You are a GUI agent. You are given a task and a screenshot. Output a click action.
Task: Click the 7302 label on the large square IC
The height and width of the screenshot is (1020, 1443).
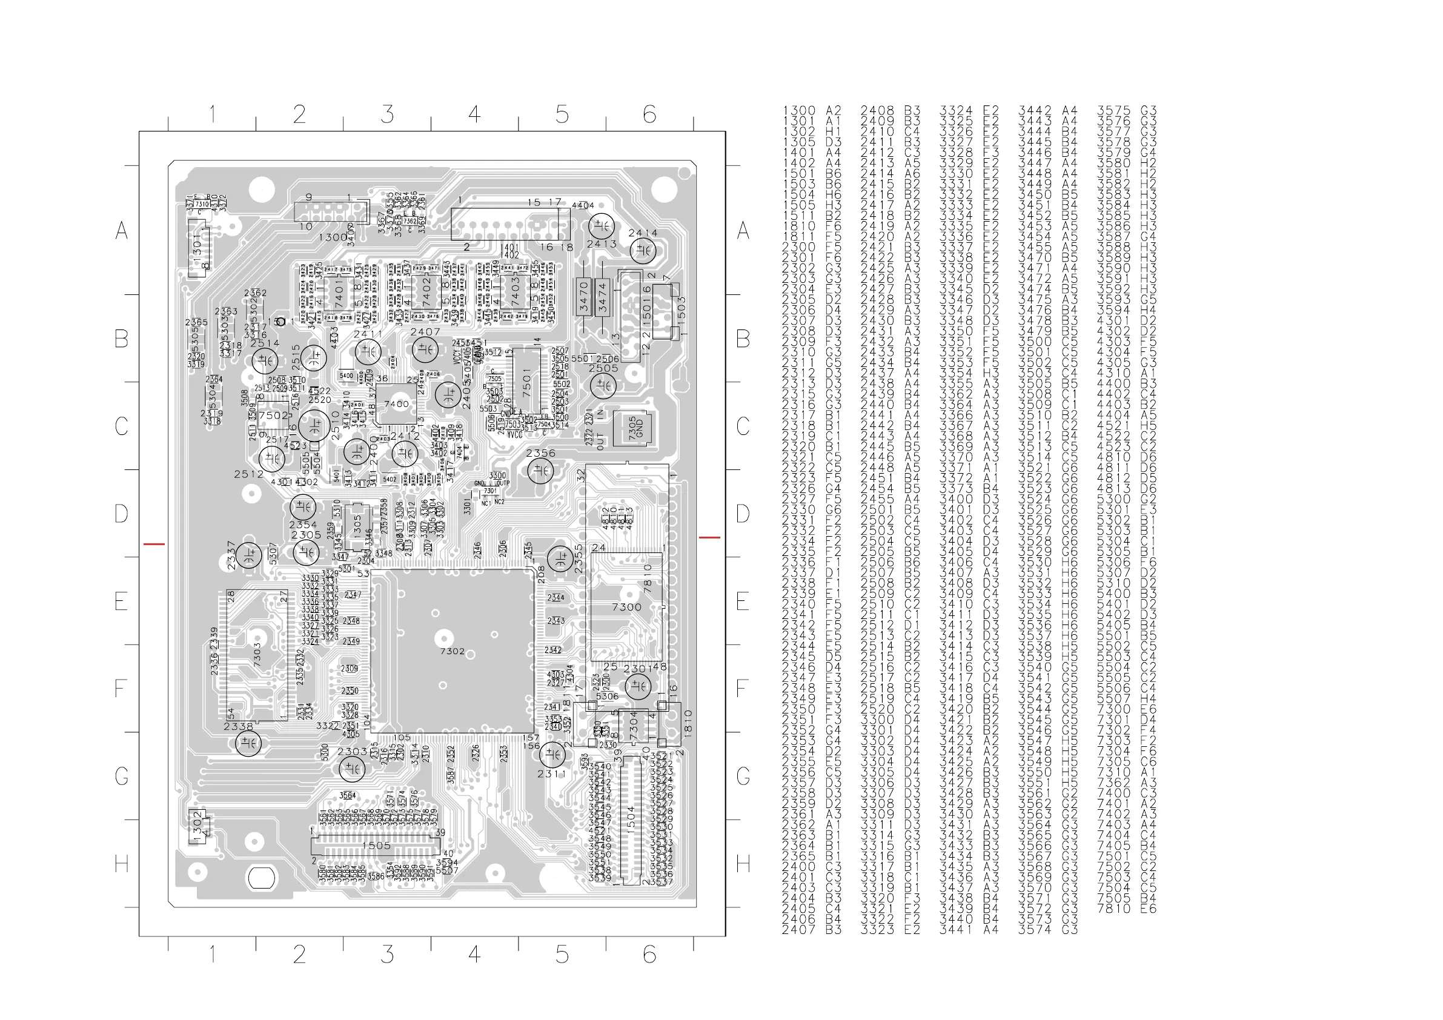point(452,651)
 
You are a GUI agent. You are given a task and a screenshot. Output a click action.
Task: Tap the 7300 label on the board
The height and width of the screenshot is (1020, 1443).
point(626,607)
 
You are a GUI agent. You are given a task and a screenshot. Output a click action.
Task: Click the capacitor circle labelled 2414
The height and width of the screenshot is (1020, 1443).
point(642,251)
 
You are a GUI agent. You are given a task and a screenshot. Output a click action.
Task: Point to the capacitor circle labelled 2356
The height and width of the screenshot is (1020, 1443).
point(540,470)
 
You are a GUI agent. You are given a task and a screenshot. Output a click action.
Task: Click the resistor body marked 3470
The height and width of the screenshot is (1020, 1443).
point(584,296)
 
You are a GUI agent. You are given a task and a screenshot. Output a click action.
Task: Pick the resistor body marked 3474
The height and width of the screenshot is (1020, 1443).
point(603,297)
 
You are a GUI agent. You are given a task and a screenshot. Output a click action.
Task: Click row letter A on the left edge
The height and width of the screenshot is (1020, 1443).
point(121,231)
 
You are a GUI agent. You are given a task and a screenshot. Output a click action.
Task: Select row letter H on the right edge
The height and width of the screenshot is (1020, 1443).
point(743,864)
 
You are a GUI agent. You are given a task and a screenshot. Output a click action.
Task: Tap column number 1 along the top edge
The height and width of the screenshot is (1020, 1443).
point(213,114)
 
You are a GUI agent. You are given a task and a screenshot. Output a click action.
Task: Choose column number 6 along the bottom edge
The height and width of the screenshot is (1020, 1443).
point(649,955)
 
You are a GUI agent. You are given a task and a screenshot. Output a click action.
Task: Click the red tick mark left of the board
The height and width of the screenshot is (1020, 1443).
point(154,544)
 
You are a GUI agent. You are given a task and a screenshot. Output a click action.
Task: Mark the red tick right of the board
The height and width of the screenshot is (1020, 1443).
point(709,537)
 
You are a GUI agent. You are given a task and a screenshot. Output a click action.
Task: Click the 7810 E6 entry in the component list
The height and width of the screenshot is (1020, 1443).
point(1126,909)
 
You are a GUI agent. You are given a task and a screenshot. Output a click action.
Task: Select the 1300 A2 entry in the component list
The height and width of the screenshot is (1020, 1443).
point(811,111)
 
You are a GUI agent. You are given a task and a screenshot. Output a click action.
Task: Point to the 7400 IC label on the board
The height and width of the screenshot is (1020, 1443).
point(397,404)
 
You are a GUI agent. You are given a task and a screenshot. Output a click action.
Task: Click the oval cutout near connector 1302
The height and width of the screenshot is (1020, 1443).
point(262,878)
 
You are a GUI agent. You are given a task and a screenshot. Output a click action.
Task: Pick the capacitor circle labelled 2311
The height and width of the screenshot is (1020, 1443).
point(551,753)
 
